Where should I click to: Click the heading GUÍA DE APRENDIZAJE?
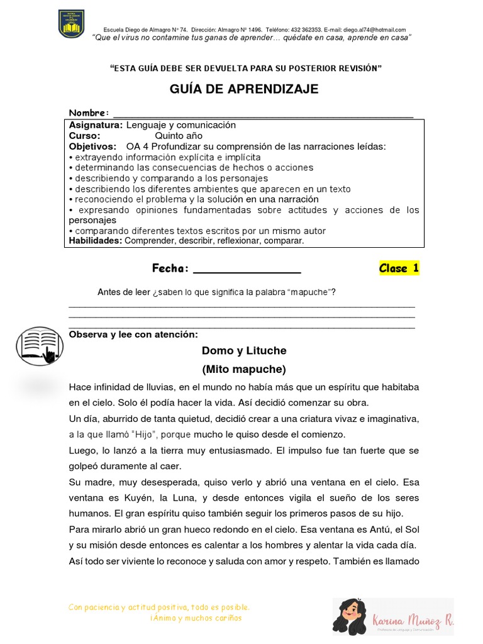click(x=244, y=89)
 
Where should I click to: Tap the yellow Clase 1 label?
click(x=399, y=269)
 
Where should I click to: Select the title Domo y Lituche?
click(x=244, y=350)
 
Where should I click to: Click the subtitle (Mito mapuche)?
click(x=244, y=369)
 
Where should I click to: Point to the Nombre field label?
click(x=89, y=113)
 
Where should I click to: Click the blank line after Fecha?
click(x=247, y=269)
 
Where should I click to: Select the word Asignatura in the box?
click(x=96, y=125)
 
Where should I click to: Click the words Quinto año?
click(x=179, y=135)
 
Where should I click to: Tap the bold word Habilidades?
click(x=96, y=241)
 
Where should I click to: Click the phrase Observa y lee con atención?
click(x=133, y=335)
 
